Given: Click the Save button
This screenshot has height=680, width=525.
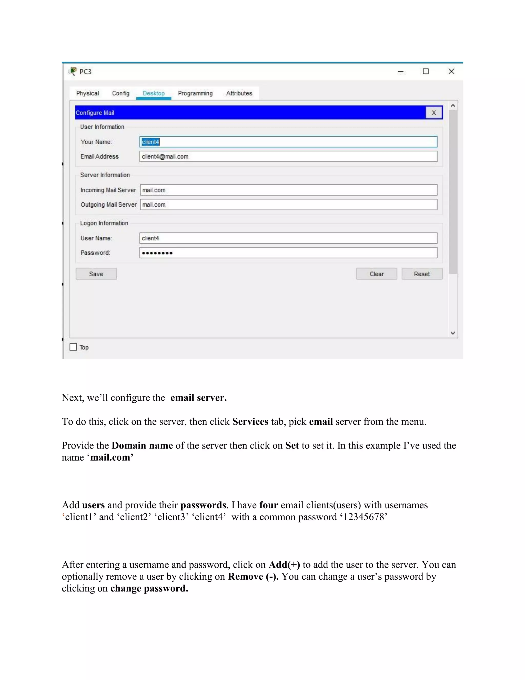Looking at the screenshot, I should point(96,274).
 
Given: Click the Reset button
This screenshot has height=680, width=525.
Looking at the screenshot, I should point(421,274).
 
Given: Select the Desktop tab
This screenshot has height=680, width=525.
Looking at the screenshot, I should point(154,93).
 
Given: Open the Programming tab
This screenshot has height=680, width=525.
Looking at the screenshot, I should point(195,93).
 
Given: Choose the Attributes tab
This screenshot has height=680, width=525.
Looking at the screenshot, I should point(239,93).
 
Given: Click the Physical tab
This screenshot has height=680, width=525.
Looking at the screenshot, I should point(87,93).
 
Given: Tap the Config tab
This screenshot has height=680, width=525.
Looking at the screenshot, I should point(121,93).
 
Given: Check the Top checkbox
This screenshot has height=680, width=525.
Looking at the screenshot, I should point(73,347).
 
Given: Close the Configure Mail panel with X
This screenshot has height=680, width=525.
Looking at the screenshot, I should point(433,113).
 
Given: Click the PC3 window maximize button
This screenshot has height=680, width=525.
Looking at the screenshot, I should point(426,71).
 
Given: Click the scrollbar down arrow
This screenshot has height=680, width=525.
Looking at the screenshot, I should point(453,333).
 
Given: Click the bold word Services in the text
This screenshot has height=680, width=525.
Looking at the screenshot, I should point(250,422).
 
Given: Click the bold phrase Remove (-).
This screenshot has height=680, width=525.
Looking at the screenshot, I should point(253,577).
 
